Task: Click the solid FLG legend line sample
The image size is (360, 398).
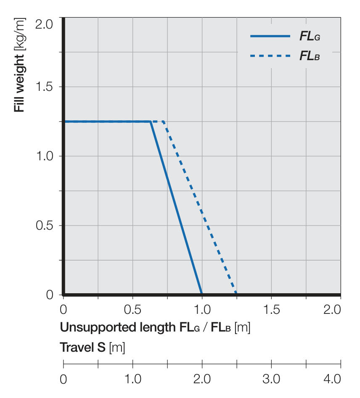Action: click(x=270, y=36)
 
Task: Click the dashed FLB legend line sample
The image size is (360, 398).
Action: click(x=270, y=56)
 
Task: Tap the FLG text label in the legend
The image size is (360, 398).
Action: click(x=310, y=37)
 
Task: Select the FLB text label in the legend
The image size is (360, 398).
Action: click(x=310, y=56)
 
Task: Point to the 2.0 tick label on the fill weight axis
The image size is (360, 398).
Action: click(x=44, y=24)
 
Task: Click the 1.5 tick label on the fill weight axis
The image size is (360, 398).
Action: click(x=44, y=87)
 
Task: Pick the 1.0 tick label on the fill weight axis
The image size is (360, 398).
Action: click(x=44, y=156)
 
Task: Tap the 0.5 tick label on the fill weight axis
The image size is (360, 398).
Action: click(x=44, y=226)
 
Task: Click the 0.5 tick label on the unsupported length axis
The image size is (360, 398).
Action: click(x=132, y=310)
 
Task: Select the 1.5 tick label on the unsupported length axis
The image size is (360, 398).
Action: click(x=271, y=310)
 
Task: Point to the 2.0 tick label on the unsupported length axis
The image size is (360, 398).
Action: click(x=332, y=310)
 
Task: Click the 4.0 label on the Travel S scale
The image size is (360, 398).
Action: click(x=332, y=379)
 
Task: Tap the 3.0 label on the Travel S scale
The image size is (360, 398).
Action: click(x=271, y=379)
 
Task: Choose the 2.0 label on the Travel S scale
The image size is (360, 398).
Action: click(x=202, y=379)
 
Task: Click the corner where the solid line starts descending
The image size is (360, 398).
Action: click(x=151, y=122)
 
